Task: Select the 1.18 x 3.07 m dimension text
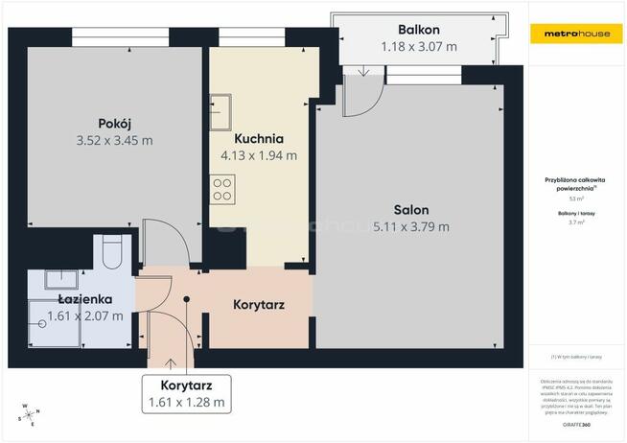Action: (419, 45)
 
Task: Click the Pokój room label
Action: (114, 123)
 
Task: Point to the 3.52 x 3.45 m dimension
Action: (114, 140)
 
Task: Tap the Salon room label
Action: (410, 209)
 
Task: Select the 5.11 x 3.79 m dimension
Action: (410, 227)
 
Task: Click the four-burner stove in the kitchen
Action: (222, 189)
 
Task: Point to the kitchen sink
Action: (221, 111)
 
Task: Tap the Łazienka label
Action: (85, 299)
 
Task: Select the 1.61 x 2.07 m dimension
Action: (85, 315)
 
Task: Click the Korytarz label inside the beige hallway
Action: (259, 305)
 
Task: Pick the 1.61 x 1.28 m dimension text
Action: (186, 402)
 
